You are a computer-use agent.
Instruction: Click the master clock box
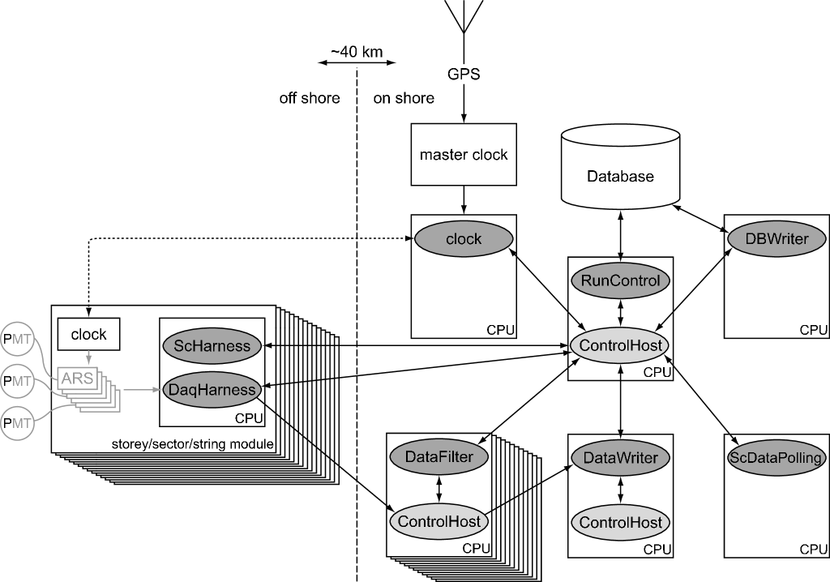(x=463, y=154)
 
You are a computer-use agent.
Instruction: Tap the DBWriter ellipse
(x=776, y=239)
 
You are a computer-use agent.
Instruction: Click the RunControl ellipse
(x=620, y=281)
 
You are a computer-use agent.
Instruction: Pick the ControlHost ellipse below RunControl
(x=620, y=345)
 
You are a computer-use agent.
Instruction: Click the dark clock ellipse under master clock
(x=464, y=238)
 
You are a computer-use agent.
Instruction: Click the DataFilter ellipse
(x=439, y=457)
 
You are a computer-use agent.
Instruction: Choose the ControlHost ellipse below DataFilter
(x=439, y=521)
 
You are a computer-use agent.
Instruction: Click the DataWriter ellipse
(x=620, y=457)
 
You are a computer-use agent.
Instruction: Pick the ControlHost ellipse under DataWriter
(x=620, y=522)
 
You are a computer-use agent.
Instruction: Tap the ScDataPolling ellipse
(x=776, y=458)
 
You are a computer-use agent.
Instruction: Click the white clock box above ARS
(x=88, y=334)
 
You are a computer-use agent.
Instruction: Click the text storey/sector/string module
(x=192, y=444)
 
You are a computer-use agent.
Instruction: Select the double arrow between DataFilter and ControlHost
(x=439, y=489)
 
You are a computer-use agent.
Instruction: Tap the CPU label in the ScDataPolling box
(x=813, y=549)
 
